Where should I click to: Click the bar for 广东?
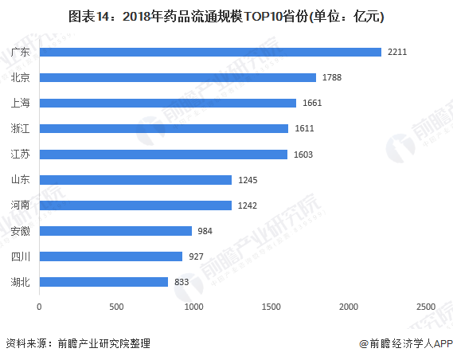point(210,53)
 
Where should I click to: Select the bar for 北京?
point(178,78)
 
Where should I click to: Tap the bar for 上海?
point(167,104)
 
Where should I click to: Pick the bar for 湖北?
point(103,282)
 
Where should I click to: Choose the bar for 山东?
point(135,180)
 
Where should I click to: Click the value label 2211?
point(397,53)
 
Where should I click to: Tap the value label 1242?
point(247,205)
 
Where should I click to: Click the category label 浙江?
point(21,129)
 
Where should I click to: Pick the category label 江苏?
point(21,155)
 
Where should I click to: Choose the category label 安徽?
point(21,231)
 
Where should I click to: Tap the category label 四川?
point(21,256)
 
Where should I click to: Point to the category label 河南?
point(21,205)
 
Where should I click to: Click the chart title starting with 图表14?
point(226,15)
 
